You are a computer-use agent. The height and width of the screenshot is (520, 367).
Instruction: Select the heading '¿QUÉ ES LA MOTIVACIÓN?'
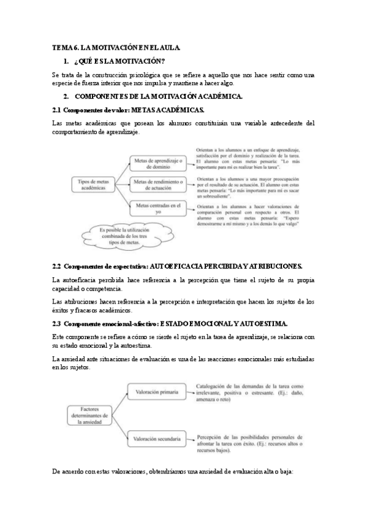[x=120, y=61]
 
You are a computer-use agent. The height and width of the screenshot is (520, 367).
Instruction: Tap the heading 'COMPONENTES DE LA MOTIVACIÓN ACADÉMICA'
[x=159, y=97]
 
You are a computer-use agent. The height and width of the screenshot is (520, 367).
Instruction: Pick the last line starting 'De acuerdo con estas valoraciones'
[x=173, y=472]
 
